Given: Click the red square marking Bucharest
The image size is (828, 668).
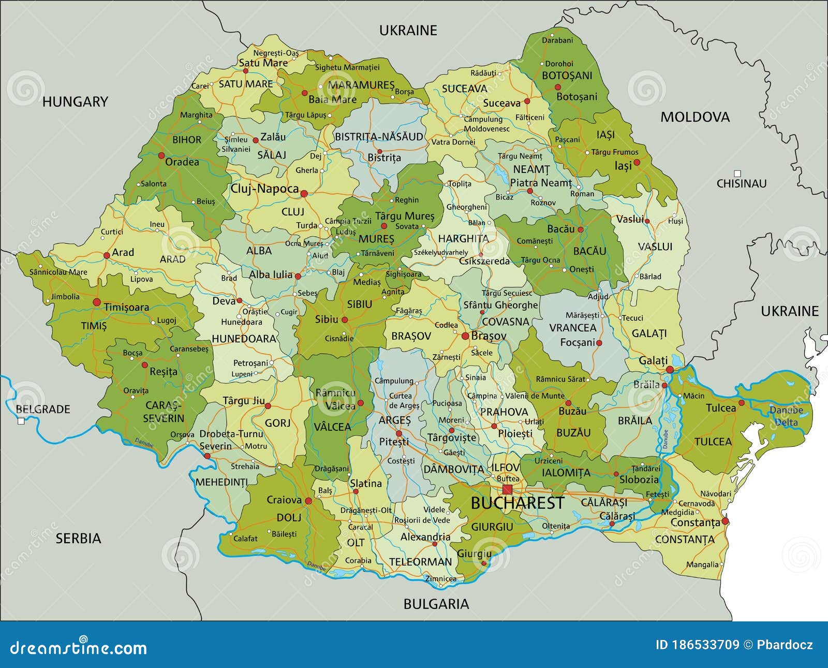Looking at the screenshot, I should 507,489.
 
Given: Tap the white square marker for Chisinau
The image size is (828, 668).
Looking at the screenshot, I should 737,173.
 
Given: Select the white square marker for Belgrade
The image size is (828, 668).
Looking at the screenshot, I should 21,421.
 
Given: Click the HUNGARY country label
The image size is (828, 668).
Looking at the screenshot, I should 75,101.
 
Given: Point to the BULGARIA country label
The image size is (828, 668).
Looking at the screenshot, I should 436,604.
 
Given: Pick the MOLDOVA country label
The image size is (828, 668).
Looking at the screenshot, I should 694,117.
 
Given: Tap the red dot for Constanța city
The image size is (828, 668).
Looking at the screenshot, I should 725,521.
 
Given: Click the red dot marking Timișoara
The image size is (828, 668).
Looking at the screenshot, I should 96,302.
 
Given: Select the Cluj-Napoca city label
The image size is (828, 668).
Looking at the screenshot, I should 264,189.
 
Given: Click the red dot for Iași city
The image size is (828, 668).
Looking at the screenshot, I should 637,162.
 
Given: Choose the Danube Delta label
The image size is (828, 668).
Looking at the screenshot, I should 786,416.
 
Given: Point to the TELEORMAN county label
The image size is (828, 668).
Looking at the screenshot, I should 420,562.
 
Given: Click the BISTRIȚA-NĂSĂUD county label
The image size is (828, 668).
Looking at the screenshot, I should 379,137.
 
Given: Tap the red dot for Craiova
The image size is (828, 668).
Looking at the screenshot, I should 308,501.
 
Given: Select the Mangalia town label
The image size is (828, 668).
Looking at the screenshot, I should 702,564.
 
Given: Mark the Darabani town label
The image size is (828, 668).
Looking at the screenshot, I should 557,40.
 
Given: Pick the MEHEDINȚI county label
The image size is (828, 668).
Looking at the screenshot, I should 221,482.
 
